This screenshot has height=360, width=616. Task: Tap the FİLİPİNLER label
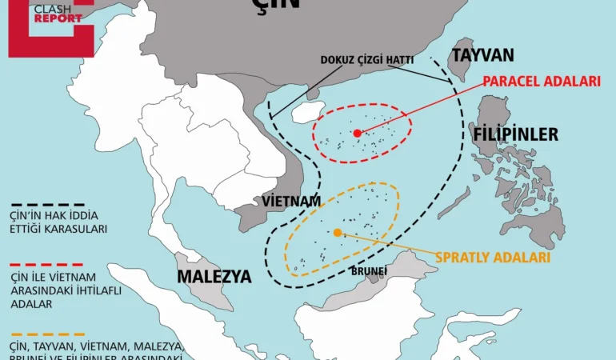tap(515, 134)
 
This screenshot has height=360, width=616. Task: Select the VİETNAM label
tap(291, 201)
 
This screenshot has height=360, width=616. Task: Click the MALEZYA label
tap(214, 277)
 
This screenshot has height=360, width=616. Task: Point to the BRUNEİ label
tap(369, 270)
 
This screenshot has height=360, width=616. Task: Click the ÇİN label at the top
tap(278, 5)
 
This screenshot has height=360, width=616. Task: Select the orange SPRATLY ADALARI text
tap(493, 258)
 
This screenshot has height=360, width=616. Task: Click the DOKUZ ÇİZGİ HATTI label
tap(361, 60)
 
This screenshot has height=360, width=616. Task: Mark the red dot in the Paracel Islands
tap(358, 132)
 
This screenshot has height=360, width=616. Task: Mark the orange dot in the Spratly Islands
tap(338, 232)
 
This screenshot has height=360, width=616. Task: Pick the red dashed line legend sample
tap(47, 264)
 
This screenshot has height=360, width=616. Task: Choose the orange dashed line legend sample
tap(47, 334)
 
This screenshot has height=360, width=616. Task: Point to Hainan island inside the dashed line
tap(306, 111)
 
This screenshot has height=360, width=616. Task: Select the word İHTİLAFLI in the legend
tap(91, 290)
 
